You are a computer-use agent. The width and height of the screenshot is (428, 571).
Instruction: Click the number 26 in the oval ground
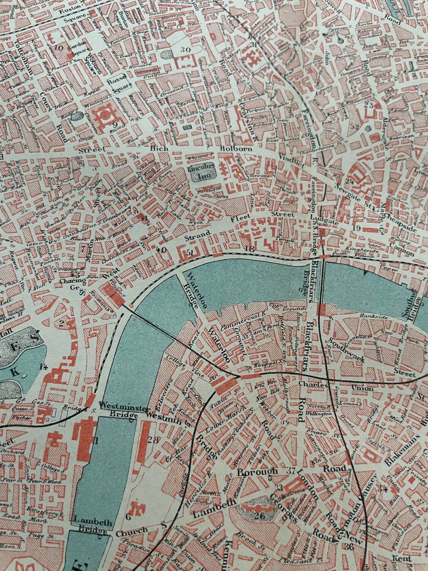260,516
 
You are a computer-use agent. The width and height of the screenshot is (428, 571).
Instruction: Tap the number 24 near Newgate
349,182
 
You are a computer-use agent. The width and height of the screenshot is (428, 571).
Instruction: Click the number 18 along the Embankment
250,249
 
